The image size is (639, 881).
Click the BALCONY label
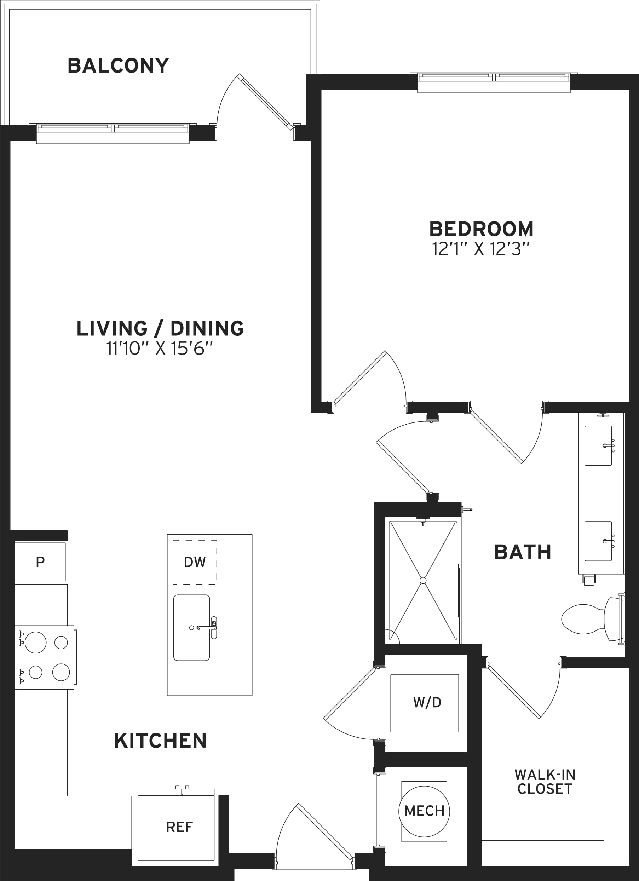click(x=119, y=66)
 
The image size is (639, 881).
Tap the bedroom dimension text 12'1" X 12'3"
click(x=481, y=249)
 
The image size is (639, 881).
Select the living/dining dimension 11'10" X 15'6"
click(x=160, y=349)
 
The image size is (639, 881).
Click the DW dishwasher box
click(x=195, y=562)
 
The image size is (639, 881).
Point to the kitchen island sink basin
click(x=191, y=627)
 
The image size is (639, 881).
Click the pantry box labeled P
click(x=40, y=562)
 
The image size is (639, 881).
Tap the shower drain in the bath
click(x=423, y=580)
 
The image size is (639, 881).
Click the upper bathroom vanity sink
click(x=598, y=445)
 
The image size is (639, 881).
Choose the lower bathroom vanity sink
click(x=598, y=541)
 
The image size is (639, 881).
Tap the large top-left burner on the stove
click(x=36, y=643)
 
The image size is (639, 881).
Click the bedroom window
click(x=494, y=82)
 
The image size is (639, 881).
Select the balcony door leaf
click(x=265, y=102)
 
